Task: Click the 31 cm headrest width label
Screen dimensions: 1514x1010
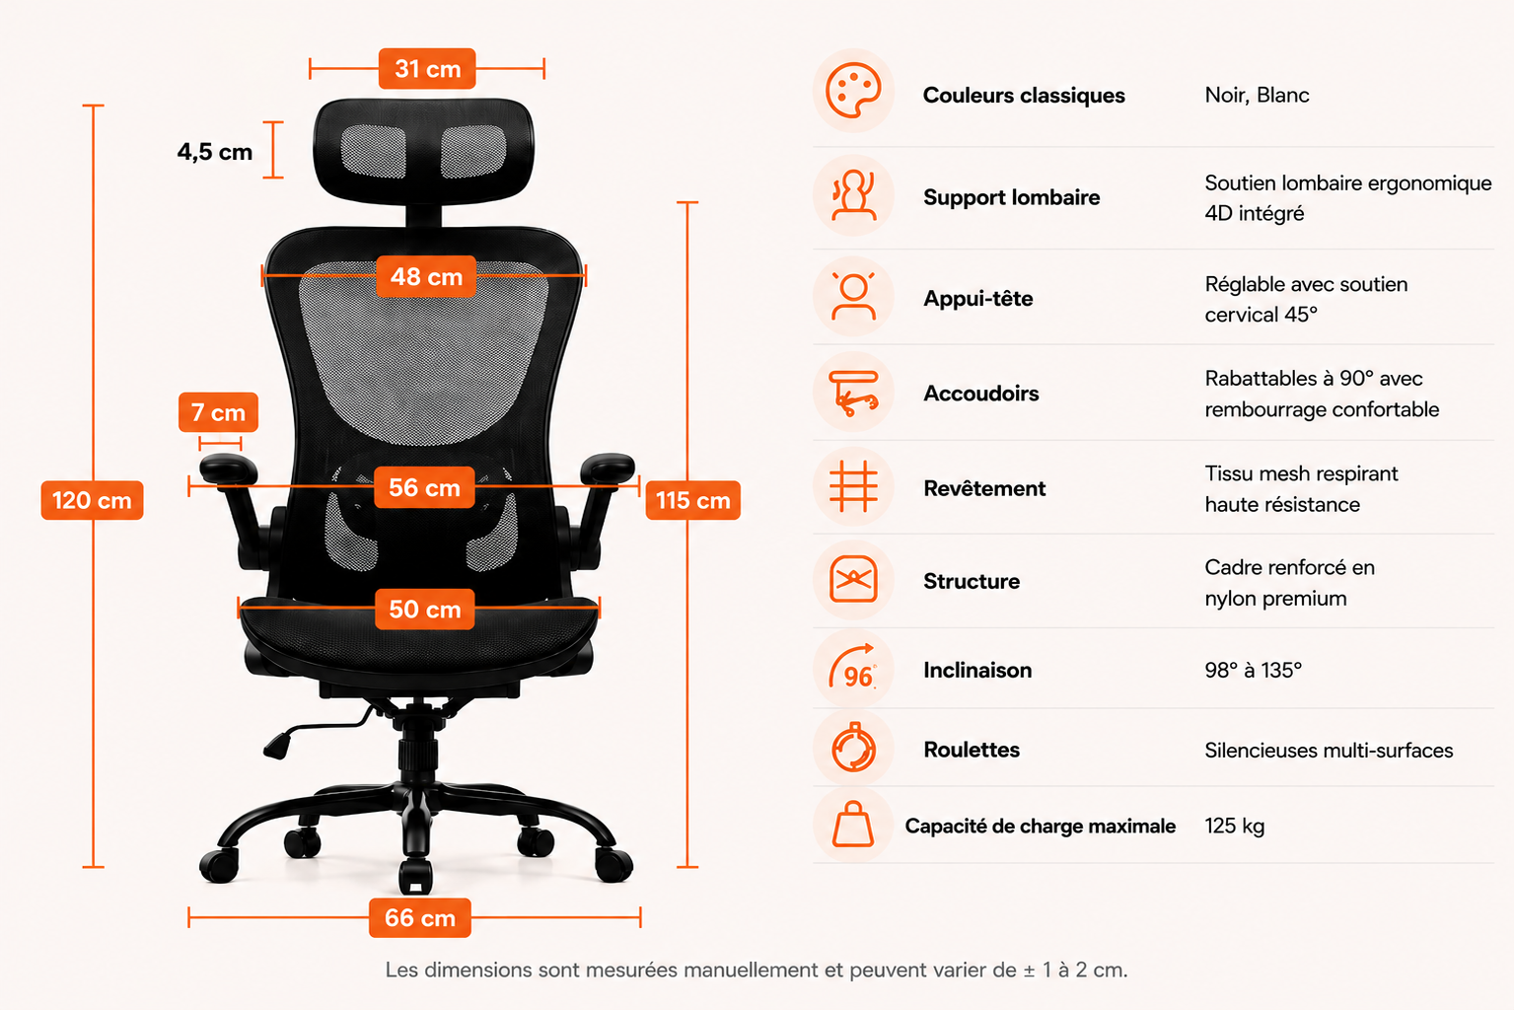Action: point(427,68)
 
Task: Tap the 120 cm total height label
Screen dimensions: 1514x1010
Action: point(92,500)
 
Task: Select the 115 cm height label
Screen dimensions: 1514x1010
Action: point(692,500)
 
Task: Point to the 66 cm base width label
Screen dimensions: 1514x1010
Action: point(420,917)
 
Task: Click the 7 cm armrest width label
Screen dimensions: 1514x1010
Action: point(218,411)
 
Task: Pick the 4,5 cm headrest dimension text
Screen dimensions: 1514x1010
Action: point(215,152)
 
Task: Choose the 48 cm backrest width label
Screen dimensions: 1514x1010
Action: point(426,276)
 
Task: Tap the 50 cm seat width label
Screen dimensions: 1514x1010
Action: point(424,610)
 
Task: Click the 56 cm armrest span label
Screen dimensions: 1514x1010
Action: point(424,486)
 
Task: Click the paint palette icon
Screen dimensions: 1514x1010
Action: point(853,91)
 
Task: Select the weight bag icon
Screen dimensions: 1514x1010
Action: point(853,825)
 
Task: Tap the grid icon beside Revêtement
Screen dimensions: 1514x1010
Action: point(853,486)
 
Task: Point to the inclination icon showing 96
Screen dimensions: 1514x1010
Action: point(853,667)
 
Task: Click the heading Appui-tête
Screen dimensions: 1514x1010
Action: point(978,298)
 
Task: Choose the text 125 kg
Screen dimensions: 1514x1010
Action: point(1234,826)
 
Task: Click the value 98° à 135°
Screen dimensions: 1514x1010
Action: point(1253,670)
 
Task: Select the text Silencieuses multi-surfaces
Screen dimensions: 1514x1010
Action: point(1329,750)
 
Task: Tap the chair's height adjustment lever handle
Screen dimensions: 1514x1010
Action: point(277,747)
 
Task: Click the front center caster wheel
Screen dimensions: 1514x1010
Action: point(415,877)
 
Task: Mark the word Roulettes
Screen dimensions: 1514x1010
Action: point(972,749)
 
